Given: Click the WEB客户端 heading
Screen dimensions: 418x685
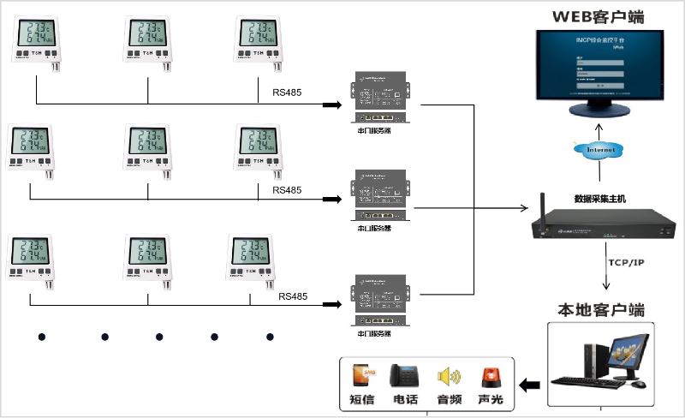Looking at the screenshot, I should point(598,16).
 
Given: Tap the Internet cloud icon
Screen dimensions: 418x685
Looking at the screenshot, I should point(599,150).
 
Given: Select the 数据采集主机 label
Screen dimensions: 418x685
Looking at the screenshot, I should point(599,199).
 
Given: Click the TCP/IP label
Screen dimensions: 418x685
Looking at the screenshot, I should point(625,261).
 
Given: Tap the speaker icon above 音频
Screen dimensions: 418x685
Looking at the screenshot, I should point(449,376).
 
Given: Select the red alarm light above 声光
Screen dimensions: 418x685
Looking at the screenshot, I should point(490,376).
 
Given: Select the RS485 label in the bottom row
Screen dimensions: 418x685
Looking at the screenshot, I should point(292,296).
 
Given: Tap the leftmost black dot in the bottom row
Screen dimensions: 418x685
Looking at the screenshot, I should point(40,337).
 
